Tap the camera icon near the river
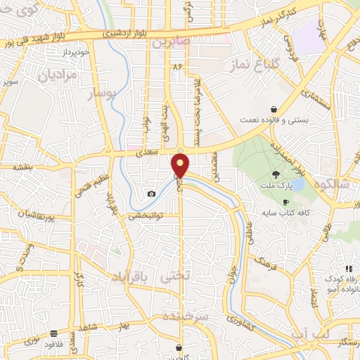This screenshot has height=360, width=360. (151, 193)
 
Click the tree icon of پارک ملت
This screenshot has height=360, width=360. (276, 174)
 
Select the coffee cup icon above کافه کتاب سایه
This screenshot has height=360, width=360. (285, 202)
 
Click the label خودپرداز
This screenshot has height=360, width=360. (72, 53)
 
